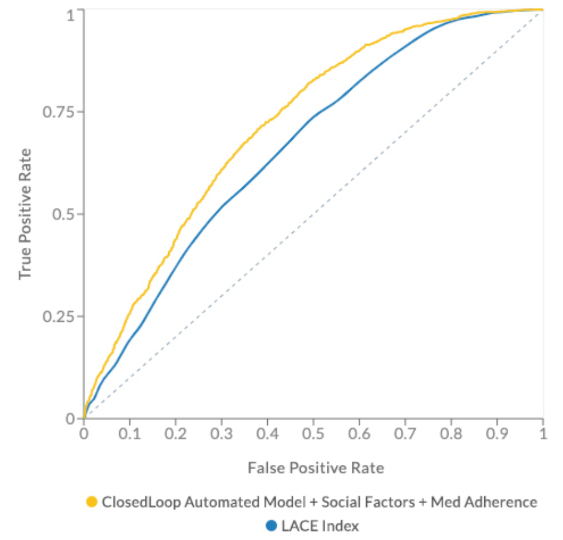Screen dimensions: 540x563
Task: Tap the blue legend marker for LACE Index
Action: coord(272,525)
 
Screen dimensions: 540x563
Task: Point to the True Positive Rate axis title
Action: coord(24,214)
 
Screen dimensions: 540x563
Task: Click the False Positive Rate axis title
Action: coord(316,468)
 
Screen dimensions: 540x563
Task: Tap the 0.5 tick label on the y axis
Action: coord(61,214)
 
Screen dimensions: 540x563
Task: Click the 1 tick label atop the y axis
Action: coord(71,13)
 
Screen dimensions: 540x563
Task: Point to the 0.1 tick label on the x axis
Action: coord(129,433)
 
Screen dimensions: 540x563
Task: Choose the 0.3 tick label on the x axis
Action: coord(221,433)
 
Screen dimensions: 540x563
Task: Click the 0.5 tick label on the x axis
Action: coord(313,433)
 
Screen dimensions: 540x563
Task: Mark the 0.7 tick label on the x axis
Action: coord(405,433)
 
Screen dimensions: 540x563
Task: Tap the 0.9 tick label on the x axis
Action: coord(497,433)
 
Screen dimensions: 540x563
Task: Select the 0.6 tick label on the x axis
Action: coord(359,433)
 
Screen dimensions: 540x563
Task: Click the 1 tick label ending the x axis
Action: coord(543,433)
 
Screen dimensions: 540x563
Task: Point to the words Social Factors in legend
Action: coord(360,502)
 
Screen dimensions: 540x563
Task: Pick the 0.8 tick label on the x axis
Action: coord(451,433)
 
